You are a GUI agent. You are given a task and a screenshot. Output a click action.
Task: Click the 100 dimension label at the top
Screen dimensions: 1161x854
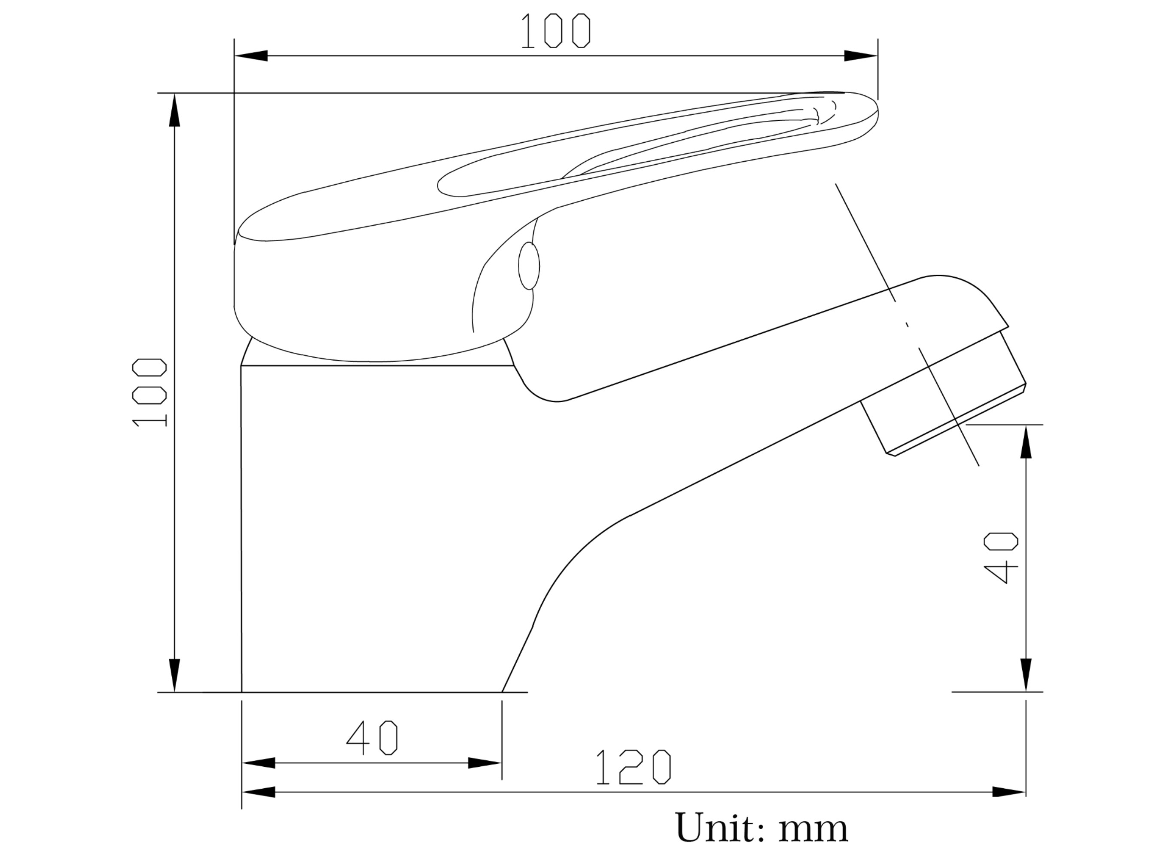coord(555,31)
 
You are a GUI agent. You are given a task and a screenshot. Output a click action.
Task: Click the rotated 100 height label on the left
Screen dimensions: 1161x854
coord(149,392)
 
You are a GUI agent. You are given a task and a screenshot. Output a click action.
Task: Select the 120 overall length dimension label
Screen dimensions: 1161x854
coord(634,767)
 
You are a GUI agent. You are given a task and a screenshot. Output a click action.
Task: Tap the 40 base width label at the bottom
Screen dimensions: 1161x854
coord(372,738)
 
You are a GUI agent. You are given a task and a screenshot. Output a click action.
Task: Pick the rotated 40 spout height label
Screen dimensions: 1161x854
coord(1001,558)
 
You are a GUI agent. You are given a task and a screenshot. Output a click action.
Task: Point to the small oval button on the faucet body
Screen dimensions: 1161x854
coord(529,266)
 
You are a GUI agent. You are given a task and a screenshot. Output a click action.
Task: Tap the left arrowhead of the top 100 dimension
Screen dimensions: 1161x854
coord(250,56)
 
